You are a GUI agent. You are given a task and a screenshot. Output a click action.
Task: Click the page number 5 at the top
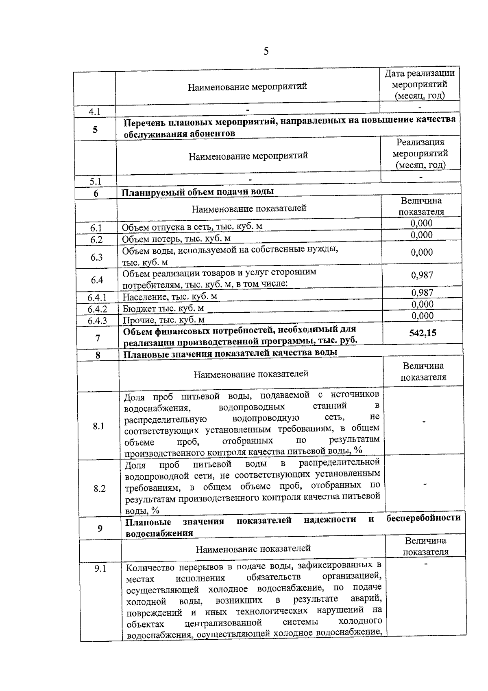coord(266,51)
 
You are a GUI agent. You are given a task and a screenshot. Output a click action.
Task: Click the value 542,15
coord(423,333)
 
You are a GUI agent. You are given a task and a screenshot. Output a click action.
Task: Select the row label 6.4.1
coord(97,298)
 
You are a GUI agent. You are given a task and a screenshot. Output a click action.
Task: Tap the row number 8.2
coord(99,489)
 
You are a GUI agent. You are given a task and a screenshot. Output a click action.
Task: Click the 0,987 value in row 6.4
coord(422,275)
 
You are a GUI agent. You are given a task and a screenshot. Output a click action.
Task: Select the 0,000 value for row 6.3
coord(422,252)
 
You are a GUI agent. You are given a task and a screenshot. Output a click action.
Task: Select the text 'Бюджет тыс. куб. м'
coord(163,308)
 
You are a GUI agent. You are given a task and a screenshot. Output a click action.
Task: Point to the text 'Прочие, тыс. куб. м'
coord(164,320)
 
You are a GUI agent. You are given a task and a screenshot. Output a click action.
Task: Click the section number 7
coord(98,338)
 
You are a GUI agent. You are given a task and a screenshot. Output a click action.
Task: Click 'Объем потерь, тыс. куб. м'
coord(176,238)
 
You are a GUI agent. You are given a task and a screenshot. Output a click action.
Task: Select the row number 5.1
coord(96,181)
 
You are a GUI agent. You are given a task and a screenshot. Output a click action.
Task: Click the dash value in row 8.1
coord(424,422)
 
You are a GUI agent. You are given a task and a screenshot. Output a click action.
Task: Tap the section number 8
coord(98,355)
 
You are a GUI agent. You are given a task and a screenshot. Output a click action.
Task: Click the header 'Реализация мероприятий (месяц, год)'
coord(420,154)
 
